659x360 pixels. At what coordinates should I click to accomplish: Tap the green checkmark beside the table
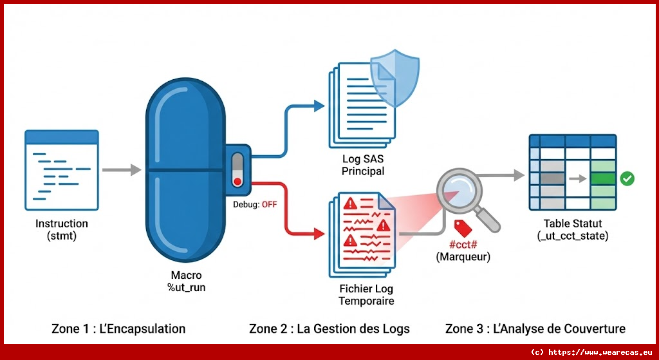click(x=627, y=178)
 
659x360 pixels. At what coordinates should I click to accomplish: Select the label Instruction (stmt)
click(x=62, y=230)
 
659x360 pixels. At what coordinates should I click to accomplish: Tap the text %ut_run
click(x=186, y=287)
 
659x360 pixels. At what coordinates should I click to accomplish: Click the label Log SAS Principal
click(x=364, y=166)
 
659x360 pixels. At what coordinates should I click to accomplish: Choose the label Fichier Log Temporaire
click(x=367, y=295)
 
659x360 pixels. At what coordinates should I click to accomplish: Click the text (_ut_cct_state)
click(x=573, y=236)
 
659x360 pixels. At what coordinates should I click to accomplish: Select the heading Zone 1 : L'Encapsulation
click(x=118, y=329)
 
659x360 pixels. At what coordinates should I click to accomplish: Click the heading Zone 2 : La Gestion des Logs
click(x=329, y=329)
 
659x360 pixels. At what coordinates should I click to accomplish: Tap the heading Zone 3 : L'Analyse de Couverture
click(x=535, y=329)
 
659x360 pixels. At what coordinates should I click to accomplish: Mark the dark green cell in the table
click(x=603, y=178)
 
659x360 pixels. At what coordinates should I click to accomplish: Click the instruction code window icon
click(x=62, y=170)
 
